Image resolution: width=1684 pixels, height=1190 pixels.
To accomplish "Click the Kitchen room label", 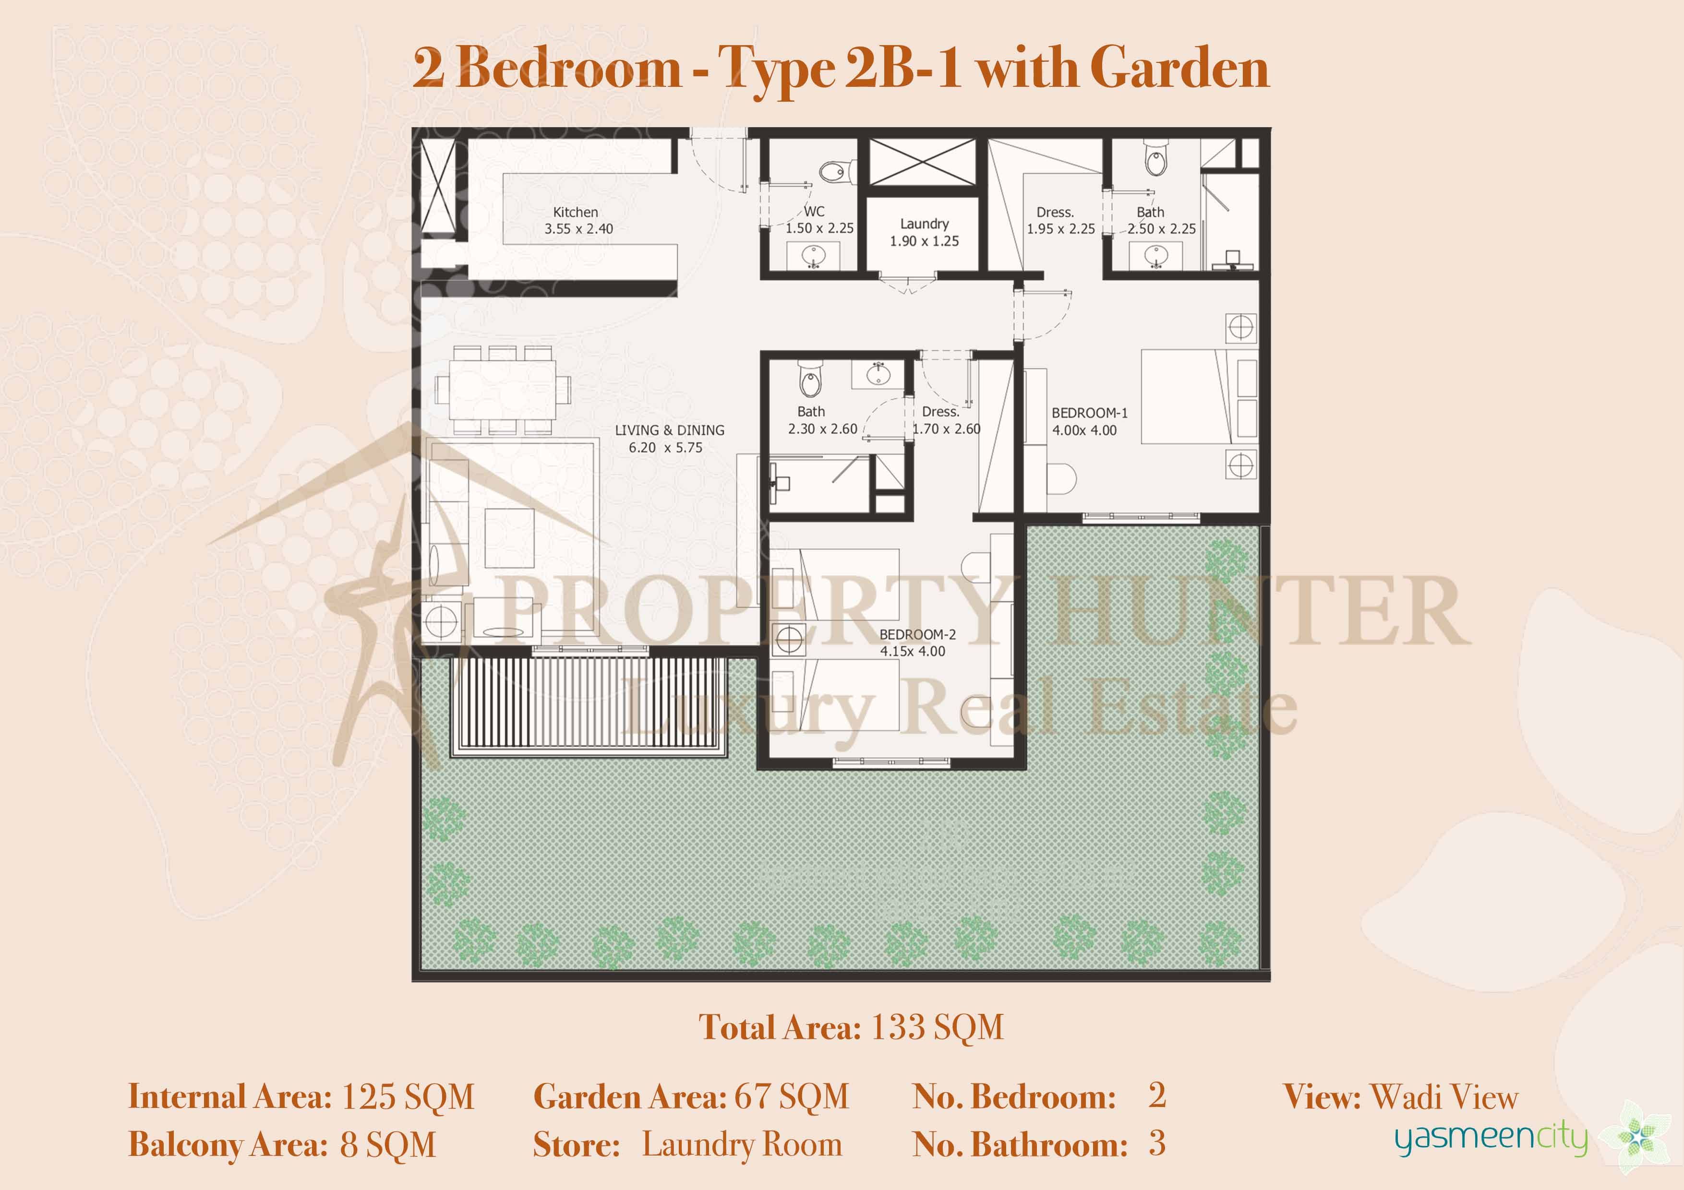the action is pyautogui.click(x=576, y=212).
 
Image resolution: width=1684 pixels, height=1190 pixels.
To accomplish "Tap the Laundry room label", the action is pyautogui.click(x=924, y=224).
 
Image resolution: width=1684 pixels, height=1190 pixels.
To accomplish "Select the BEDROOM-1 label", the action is pyautogui.click(x=1090, y=413).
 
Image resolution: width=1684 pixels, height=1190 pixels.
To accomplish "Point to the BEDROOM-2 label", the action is pyautogui.click(x=917, y=634).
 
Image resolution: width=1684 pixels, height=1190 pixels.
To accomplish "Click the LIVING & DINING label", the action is pyautogui.click(x=670, y=430).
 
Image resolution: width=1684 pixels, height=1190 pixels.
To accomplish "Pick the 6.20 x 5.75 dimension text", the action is pyautogui.click(x=665, y=447).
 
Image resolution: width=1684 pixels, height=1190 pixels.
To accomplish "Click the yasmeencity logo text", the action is pyautogui.click(x=1491, y=1139).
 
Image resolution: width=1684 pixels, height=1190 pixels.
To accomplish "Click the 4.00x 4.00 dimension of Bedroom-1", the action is pyautogui.click(x=1084, y=430).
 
